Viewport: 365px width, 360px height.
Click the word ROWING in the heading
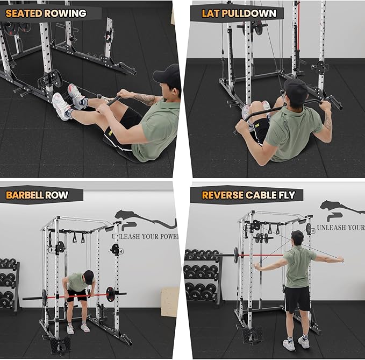[x=66, y=13]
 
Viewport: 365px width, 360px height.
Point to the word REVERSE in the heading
[x=223, y=195]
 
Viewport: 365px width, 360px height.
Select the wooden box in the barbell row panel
[x=170, y=301]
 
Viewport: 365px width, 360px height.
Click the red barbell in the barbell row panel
[x=65, y=296]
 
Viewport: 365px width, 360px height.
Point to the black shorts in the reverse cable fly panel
[x=297, y=299]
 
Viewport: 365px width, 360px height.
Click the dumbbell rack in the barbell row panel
[x=10, y=285]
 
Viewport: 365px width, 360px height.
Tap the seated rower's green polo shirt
[x=156, y=129]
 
